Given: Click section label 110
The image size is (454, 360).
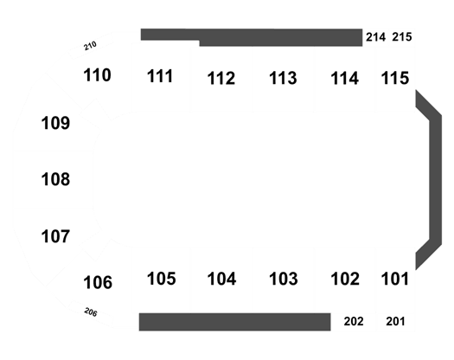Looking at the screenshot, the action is pyautogui.click(x=97, y=75).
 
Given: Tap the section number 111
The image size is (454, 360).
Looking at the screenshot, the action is pyautogui.click(x=160, y=76).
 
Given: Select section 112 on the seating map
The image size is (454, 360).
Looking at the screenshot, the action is pyautogui.click(x=221, y=78).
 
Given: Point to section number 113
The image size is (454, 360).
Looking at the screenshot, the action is pyautogui.click(x=283, y=78).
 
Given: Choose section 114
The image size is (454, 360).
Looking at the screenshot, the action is pyautogui.click(x=344, y=78).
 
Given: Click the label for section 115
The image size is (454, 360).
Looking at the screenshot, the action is pyautogui.click(x=395, y=78).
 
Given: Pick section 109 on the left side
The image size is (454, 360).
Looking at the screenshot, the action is pyautogui.click(x=55, y=123).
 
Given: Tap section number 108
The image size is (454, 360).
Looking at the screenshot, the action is pyautogui.click(x=55, y=179).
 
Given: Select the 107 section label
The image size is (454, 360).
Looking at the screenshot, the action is pyautogui.click(x=55, y=236).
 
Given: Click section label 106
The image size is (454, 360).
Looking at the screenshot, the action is pyautogui.click(x=98, y=282).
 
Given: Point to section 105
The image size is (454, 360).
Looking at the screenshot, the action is pyautogui.click(x=161, y=279).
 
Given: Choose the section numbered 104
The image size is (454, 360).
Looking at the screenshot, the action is pyautogui.click(x=221, y=279).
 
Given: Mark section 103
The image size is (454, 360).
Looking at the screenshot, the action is pyautogui.click(x=283, y=279).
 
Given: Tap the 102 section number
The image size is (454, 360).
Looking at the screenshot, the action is pyautogui.click(x=345, y=279).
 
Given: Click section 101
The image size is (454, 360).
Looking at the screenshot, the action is pyautogui.click(x=394, y=279).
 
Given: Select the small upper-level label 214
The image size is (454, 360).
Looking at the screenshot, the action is pyautogui.click(x=375, y=37).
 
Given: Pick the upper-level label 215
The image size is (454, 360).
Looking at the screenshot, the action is pyautogui.click(x=402, y=37).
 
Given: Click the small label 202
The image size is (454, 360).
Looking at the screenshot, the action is pyautogui.click(x=354, y=321).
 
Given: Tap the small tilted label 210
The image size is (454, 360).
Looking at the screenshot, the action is pyautogui.click(x=90, y=46).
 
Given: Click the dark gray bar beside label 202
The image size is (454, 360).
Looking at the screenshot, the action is pyautogui.click(x=235, y=322).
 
